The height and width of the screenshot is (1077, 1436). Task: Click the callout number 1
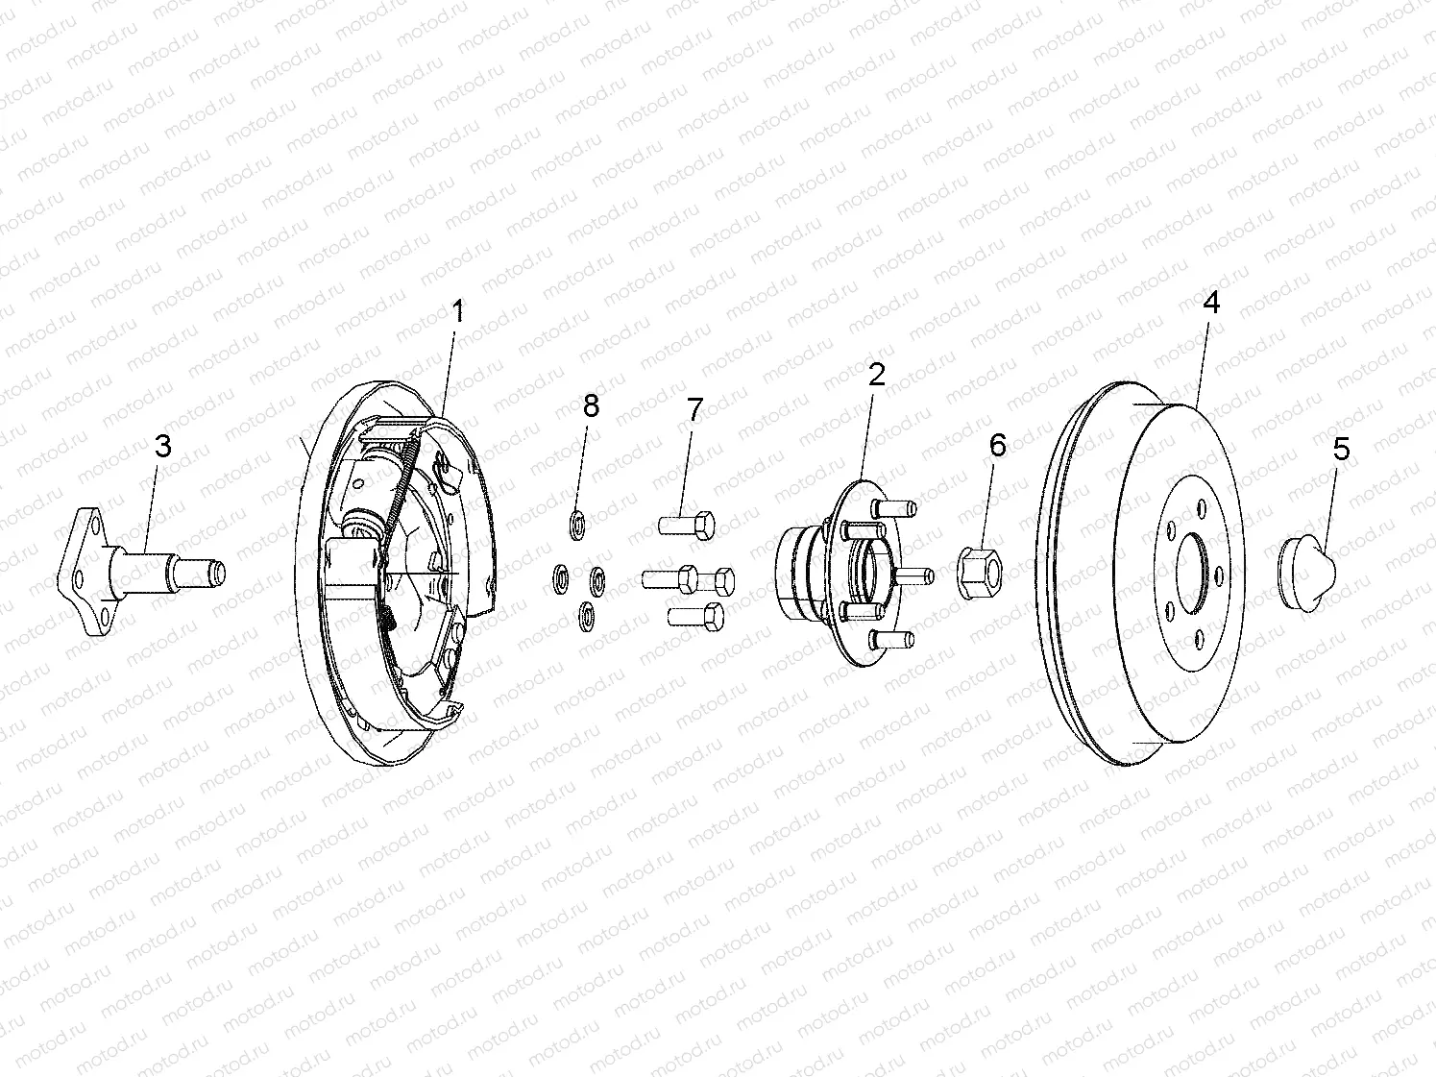click(x=458, y=310)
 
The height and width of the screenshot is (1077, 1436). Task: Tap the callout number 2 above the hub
click(x=876, y=374)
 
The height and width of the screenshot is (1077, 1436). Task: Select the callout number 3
click(x=163, y=446)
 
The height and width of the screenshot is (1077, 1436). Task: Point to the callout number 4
click(x=1211, y=303)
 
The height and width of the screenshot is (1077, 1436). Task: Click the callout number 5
click(x=1341, y=449)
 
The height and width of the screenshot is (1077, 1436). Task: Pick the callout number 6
click(x=998, y=445)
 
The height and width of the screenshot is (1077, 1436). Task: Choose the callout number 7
click(x=694, y=410)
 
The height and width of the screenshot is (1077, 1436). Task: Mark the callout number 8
click(x=591, y=406)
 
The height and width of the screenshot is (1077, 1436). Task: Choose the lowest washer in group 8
click(x=585, y=615)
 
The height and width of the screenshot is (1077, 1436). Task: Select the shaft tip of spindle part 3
click(x=215, y=573)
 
